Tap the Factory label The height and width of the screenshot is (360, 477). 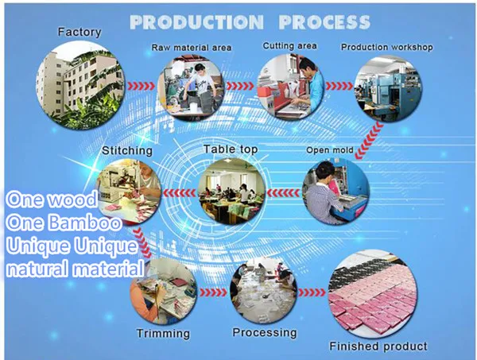point(79,33)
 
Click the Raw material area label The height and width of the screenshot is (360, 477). point(192,48)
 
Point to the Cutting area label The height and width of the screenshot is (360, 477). point(290,46)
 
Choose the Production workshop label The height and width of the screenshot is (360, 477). point(387,47)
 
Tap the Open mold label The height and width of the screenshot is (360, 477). point(328,149)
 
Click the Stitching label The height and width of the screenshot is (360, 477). point(128,150)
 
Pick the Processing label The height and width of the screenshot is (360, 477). point(264,332)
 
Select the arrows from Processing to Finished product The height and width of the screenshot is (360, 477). point(313,290)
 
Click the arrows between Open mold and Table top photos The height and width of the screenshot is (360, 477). point(282,192)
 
